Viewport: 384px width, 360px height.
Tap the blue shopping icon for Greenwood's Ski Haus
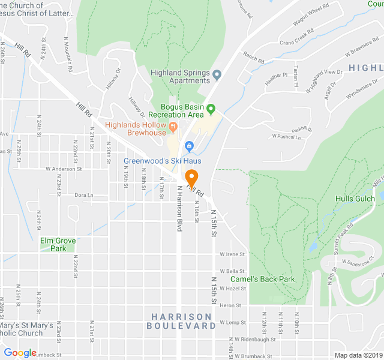click(x=189, y=146)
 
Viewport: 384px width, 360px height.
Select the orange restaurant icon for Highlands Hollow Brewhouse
click(x=173, y=126)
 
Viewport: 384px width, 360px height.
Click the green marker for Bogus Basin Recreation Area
click(x=211, y=109)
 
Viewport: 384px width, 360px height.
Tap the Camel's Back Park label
click(x=262, y=279)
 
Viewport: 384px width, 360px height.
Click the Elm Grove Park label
click(x=58, y=244)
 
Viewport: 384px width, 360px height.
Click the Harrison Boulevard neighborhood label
click(x=181, y=321)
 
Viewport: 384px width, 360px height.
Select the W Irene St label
click(x=233, y=254)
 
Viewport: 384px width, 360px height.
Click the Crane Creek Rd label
click(x=296, y=37)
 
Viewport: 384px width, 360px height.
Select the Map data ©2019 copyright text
click(x=357, y=355)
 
